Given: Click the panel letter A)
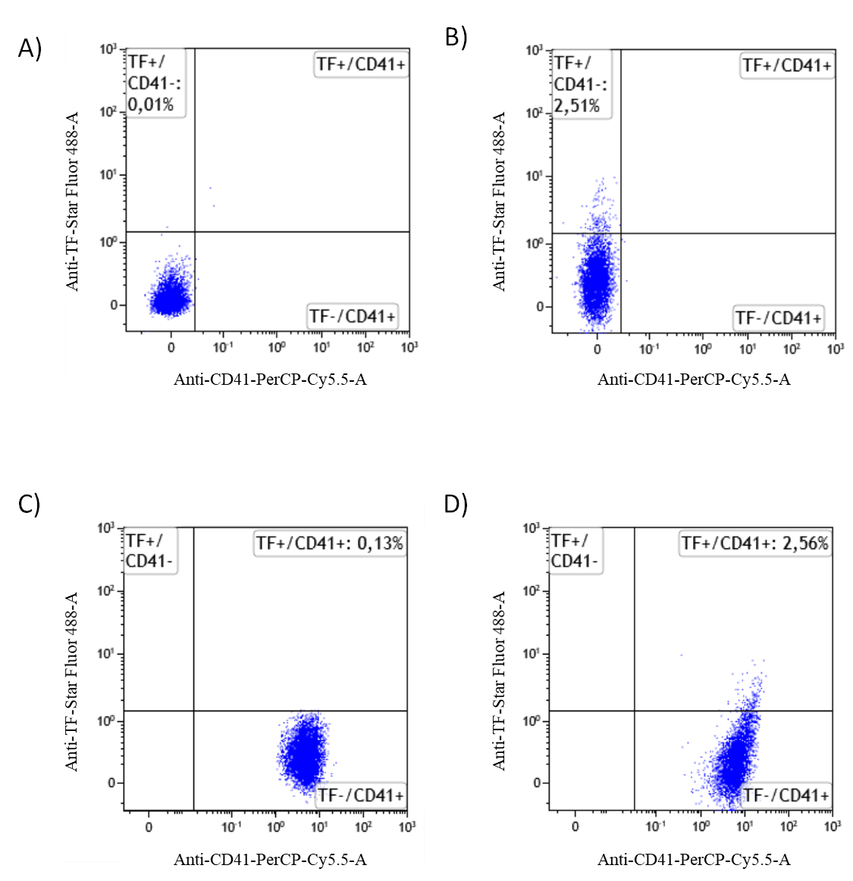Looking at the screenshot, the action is point(30,48).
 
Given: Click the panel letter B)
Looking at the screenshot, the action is point(456,37).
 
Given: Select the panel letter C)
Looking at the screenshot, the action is point(30,504).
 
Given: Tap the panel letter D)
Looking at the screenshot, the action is point(456,504).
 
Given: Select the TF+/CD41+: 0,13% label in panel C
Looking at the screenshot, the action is point(330,543).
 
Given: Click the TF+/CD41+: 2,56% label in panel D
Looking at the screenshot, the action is point(754,543).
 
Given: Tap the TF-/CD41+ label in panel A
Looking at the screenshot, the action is point(353,317).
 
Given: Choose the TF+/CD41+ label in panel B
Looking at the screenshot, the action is point(786,66).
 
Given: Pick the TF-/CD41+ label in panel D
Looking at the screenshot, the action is point(786,795).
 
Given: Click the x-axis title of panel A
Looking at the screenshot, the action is point(270,380).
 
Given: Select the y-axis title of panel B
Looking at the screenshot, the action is point(499,202).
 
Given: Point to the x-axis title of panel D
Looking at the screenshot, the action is point(694,860).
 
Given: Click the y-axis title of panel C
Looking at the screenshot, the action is point(71,682).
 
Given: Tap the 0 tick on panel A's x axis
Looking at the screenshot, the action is point(171,348).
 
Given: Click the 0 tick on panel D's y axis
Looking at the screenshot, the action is point(538,783).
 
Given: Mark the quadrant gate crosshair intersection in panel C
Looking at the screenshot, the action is point(194,711).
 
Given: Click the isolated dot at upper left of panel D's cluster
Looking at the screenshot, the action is point(682,655).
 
